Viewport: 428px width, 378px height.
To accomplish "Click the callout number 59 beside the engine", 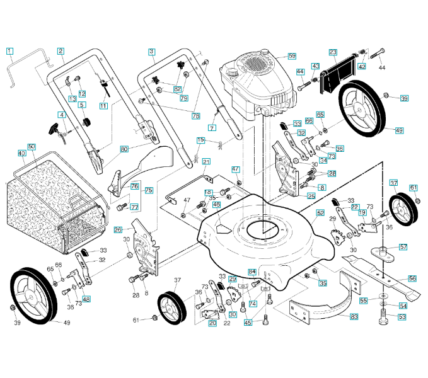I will [x=292, y=56].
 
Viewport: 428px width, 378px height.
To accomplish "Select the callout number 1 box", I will [x=9, y=50].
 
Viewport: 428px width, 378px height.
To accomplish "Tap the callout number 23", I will [x=333, y=52].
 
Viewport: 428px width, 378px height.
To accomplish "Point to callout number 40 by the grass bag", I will [x=21, y=153].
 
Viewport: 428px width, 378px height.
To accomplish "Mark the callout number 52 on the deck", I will [x=320, y=214].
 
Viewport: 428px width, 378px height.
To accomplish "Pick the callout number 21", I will [x=206, y=162].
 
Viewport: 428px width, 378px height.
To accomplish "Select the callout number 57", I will [x=403, y=247].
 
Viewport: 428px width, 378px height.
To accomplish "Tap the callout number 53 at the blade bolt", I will [x=402, y=317].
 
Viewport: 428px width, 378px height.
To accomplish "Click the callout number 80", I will [x=124, y=149].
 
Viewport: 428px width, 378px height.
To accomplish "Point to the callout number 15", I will [x=200, y=140].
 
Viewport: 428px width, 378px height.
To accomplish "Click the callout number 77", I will [x=134, y=207].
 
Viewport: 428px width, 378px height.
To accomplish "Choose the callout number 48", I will [x=86, y=299].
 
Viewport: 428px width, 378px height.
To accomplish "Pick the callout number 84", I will [x=252, y=272].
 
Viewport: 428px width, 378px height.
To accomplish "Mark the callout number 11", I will [x=103, y=106].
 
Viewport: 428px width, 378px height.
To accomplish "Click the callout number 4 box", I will [x=61, y=115].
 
